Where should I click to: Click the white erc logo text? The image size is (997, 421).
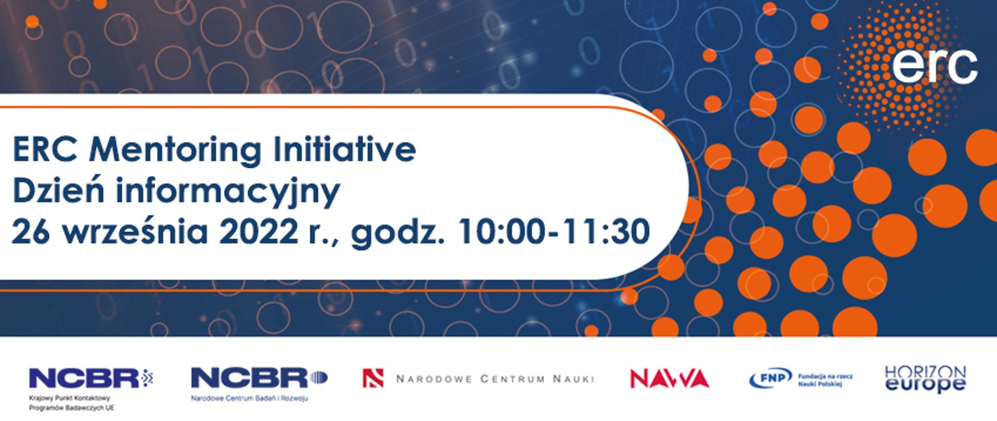click(935, 67)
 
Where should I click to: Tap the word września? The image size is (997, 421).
click(135, 231)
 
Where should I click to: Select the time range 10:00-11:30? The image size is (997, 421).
click(555, 231)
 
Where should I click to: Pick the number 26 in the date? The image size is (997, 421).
click(30, 231)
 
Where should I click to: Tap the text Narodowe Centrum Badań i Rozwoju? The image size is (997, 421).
click(249, 399)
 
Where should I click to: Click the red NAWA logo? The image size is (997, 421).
click(669, 378)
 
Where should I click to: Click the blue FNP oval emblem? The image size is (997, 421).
click(770, 378)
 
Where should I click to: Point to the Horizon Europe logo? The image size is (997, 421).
click(925, 379)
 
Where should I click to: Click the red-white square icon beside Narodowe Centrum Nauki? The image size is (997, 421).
click(373, 378)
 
